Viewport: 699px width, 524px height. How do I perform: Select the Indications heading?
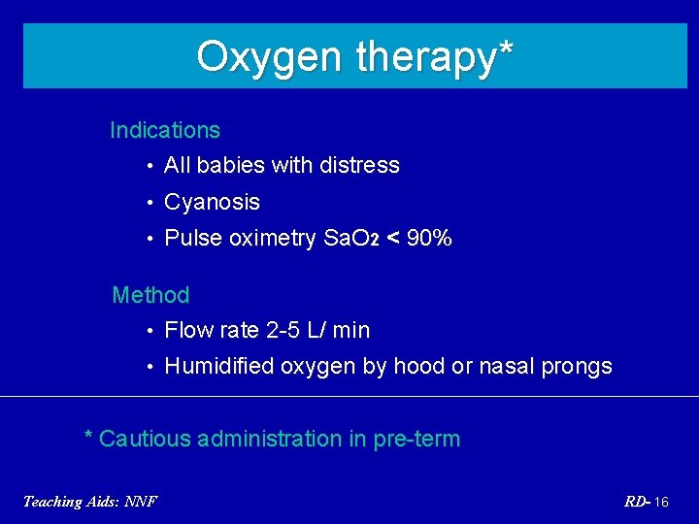(x=165, y=130)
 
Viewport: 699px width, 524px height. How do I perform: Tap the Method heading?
(x=150, y=294)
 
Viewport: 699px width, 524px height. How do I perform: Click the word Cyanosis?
(x=213, y=202)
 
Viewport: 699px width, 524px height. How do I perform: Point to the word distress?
(x=360, y=165)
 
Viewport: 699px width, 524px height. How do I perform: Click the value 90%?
(x=429, y=238)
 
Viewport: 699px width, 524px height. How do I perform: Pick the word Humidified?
(x=219, y=366)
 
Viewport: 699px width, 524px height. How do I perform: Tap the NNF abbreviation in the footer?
(x=141, y=501)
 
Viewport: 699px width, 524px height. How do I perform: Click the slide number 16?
(x=661, y=502)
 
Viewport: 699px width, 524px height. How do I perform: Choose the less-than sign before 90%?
(x=393, y=238)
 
